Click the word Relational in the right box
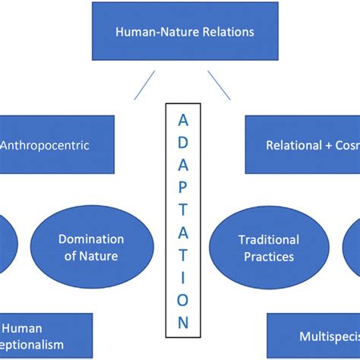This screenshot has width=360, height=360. click(x=293, y=144)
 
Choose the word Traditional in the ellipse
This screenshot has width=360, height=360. click(x=268, y=240)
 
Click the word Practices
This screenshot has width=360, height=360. click(x=268, y=257)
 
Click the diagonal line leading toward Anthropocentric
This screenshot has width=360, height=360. click(x=144, y=86)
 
